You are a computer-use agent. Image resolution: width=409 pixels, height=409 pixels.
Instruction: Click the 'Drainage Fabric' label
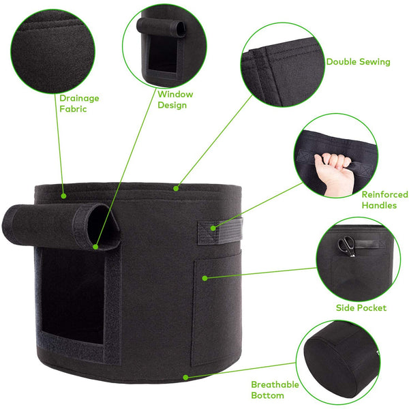coord(79,104)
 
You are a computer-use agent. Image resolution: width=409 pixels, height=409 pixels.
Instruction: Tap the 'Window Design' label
coord(175,100)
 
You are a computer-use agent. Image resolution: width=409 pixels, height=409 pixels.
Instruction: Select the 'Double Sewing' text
coord(358,62)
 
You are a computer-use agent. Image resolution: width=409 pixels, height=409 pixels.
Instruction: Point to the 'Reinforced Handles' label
coord(384,200)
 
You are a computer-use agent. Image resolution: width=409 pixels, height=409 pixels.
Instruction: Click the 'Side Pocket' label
coord(361,308)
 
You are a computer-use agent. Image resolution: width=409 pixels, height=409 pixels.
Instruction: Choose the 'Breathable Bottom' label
coord(275,390)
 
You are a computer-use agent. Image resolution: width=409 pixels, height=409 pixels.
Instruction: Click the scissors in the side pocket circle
coord(347,245)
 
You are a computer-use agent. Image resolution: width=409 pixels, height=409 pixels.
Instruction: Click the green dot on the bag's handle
coord(213,228)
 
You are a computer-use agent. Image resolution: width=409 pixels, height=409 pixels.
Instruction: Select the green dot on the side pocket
coord(204,278)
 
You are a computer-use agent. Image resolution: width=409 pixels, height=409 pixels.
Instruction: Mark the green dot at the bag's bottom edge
coord(185,377)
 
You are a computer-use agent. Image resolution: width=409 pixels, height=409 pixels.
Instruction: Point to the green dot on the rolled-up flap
coord(95,247)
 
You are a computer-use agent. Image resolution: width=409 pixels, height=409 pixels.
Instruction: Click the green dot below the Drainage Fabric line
coord(63,196)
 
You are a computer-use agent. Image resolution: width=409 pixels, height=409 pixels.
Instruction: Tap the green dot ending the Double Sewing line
coord(176,188)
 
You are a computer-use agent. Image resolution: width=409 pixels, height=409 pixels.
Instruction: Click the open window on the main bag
coord(72,294)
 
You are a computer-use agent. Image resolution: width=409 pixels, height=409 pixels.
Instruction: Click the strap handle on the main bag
coord(220,231)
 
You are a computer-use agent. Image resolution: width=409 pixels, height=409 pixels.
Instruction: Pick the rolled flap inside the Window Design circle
coord(161,27)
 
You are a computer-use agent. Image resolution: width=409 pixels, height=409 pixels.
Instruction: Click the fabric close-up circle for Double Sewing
coord(282,65)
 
